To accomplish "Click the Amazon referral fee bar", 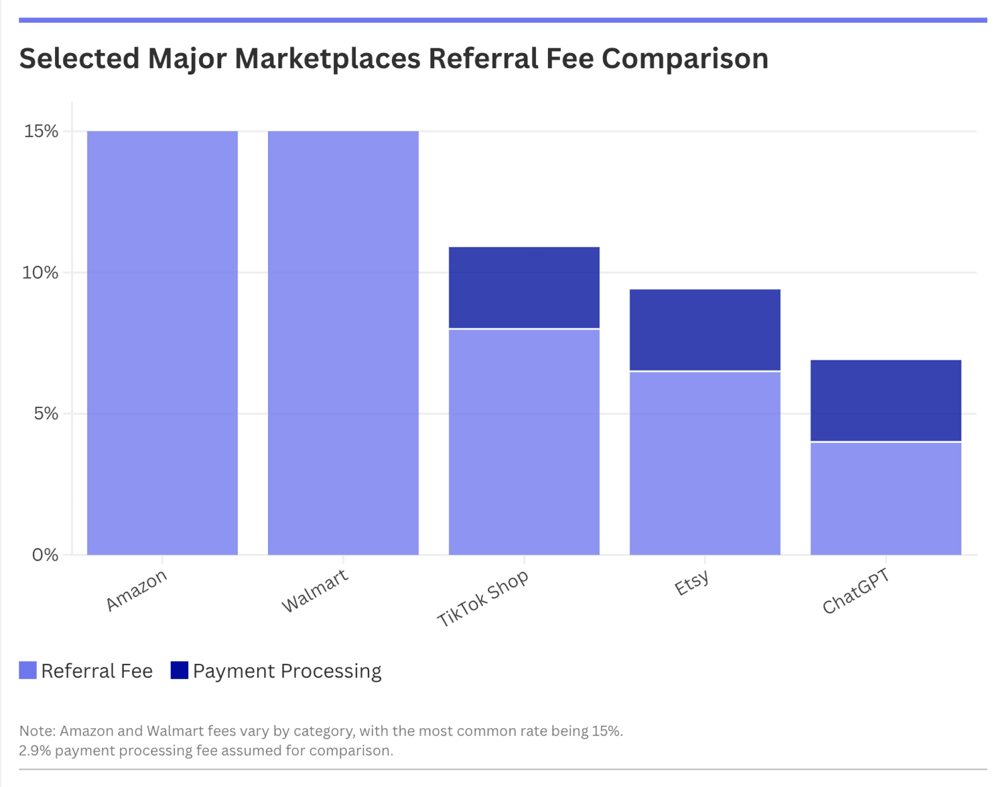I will pos(162,343).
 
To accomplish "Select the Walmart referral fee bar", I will pos(343,343).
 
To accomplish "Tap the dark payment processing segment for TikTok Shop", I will pos(524,287).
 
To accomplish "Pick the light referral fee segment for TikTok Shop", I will pos(524,442).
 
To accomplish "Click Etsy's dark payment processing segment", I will pos(705,330).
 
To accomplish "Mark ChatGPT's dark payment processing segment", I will pos(886,401).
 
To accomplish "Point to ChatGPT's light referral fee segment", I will pos(886,499).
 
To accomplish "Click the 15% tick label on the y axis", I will pos(42,131).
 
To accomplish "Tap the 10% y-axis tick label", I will pos(42,273).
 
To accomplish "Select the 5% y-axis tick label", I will pos(46,414).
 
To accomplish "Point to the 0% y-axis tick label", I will pos(46,555).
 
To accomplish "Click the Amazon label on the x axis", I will pos(137,590).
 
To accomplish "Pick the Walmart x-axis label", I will pos(315,590).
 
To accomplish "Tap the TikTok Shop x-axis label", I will pos(483,599).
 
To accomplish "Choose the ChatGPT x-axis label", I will pos(856,591).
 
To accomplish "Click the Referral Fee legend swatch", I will pos(27,670).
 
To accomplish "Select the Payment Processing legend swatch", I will pos(180,670).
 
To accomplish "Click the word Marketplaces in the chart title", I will pos(327,58).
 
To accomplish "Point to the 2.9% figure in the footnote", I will pos(34,751).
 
